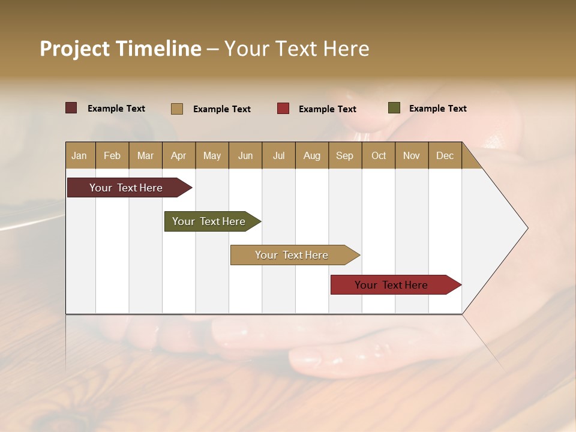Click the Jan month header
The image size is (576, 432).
79,155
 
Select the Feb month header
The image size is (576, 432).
112,155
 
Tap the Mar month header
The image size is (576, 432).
145,155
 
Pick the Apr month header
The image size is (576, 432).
178,155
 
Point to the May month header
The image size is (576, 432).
212,155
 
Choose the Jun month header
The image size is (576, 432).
245,155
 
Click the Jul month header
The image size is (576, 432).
278,155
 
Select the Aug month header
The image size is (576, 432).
311,155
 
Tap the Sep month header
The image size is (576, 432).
344,155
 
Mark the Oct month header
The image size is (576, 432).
379,155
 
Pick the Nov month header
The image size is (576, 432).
411,155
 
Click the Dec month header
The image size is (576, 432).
445,155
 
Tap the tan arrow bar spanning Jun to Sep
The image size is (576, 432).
292,255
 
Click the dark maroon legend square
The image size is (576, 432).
71,108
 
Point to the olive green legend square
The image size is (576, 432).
394,108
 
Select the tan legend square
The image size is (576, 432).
177,109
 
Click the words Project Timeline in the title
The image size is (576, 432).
120,49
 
